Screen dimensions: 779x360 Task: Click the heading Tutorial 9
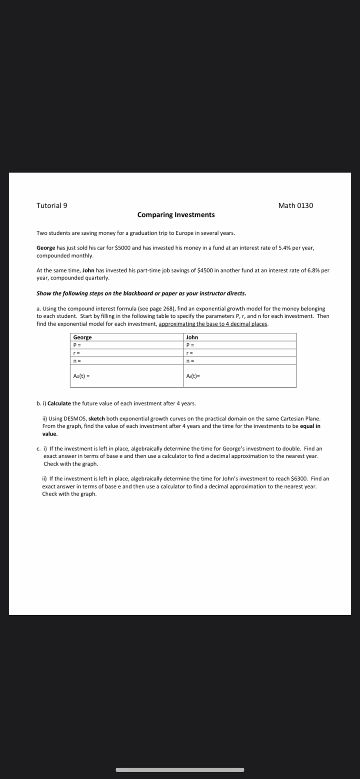point(52,206)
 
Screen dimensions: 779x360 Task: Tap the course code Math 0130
point(295,206)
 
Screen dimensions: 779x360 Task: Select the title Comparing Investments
point(176,215)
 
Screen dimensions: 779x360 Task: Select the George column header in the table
point(83,337)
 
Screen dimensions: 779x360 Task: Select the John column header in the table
point(192,337)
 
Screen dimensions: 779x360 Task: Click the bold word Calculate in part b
point(59,403)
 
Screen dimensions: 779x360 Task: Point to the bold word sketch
point(97,419)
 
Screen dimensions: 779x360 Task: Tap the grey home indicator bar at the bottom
point(180,770)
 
